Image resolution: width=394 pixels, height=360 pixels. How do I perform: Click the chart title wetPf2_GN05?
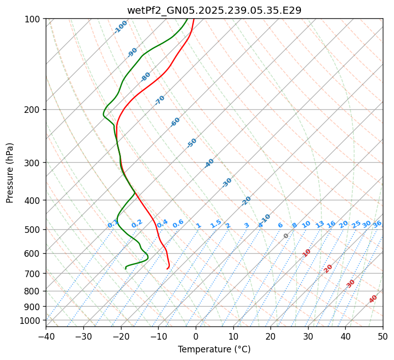click(214, 11)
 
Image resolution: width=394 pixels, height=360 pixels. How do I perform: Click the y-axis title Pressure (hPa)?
click(10, 172)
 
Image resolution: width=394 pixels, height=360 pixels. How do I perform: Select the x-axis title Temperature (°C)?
click(214, 349)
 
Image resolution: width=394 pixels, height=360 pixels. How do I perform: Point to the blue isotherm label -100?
click(120, 27)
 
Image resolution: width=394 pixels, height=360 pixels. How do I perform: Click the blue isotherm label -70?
click(160, 100)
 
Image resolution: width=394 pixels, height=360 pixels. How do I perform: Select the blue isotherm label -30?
click(227, 183)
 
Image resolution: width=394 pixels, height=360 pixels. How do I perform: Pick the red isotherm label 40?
click(373, 299)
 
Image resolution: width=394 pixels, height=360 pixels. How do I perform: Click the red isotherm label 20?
click(328, 268)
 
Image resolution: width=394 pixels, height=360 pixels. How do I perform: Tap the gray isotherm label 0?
click(286, 236)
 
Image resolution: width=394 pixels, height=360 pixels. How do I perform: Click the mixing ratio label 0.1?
click(113, 224)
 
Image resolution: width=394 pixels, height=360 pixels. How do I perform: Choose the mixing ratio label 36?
click(377, 224)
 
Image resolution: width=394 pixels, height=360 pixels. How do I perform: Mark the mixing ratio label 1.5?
click(216, 223)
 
